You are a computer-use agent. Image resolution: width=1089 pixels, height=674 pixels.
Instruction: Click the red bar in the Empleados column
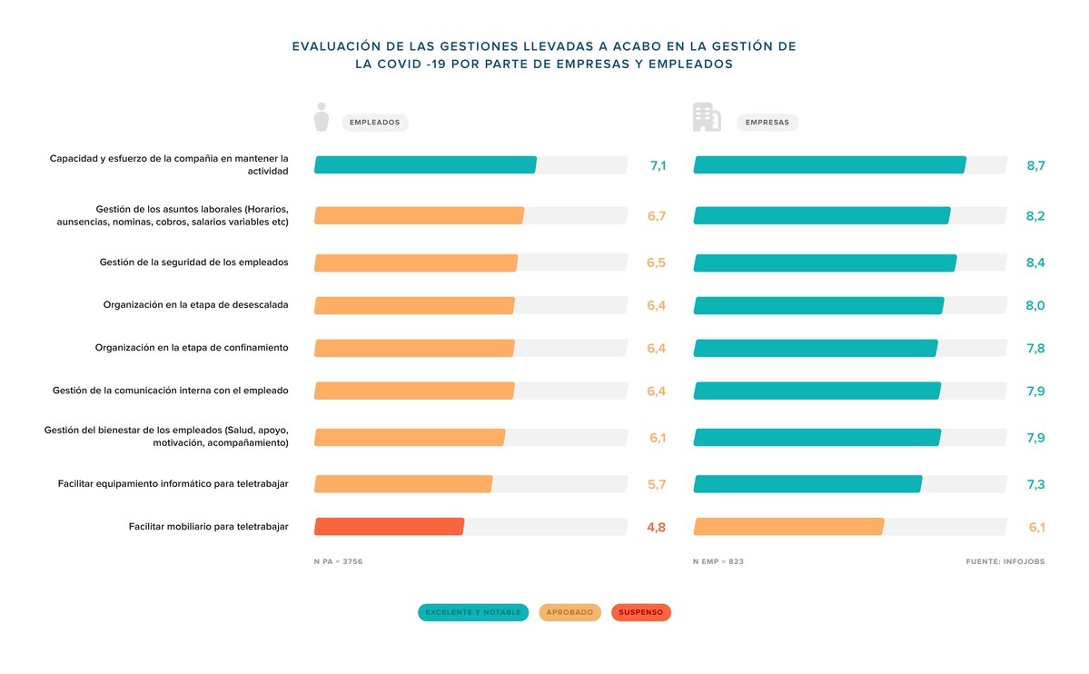(x=389, y=527)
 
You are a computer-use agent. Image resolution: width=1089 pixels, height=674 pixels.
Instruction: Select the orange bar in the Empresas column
(x=788, y=527)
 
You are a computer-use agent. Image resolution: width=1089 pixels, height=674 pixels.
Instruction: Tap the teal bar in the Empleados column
(x=425, y=165)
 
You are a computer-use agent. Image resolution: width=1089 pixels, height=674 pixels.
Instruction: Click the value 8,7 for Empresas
(x=1035, y=165)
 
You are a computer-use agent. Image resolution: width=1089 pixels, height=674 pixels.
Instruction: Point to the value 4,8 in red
(x=656, y=527)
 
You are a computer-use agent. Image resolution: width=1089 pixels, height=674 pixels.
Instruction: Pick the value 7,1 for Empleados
(x=658, y=165)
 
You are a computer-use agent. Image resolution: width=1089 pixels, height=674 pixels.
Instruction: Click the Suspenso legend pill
(x=640, y=612)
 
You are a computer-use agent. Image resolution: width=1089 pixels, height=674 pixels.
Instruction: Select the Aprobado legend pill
(x=569, y=612)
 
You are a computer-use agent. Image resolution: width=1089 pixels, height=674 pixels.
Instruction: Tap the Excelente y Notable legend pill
(x=473, y=612)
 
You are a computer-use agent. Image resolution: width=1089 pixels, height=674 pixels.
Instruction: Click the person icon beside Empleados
(x=321, y=117)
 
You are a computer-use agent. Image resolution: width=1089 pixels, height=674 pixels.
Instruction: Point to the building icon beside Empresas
(x=707, y=117)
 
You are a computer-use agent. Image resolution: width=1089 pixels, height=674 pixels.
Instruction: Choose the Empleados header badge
(x=374, y=123)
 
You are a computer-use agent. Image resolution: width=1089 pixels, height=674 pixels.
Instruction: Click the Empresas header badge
(x=767, y=123)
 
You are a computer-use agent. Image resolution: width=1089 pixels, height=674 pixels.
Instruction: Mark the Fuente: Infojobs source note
(x=1005, y=562)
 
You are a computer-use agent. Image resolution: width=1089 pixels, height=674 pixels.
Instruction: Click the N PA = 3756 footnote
(x=338, y=562)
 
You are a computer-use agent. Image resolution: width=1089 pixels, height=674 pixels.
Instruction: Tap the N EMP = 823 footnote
(x=718, y=562)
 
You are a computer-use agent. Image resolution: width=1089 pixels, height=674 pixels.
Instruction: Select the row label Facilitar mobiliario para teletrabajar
(x=208, y=527)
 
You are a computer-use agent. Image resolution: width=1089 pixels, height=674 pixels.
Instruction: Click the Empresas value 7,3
(x=1035, y=485)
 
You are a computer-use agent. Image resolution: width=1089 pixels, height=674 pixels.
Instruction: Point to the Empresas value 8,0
(x=1035, y=306)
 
